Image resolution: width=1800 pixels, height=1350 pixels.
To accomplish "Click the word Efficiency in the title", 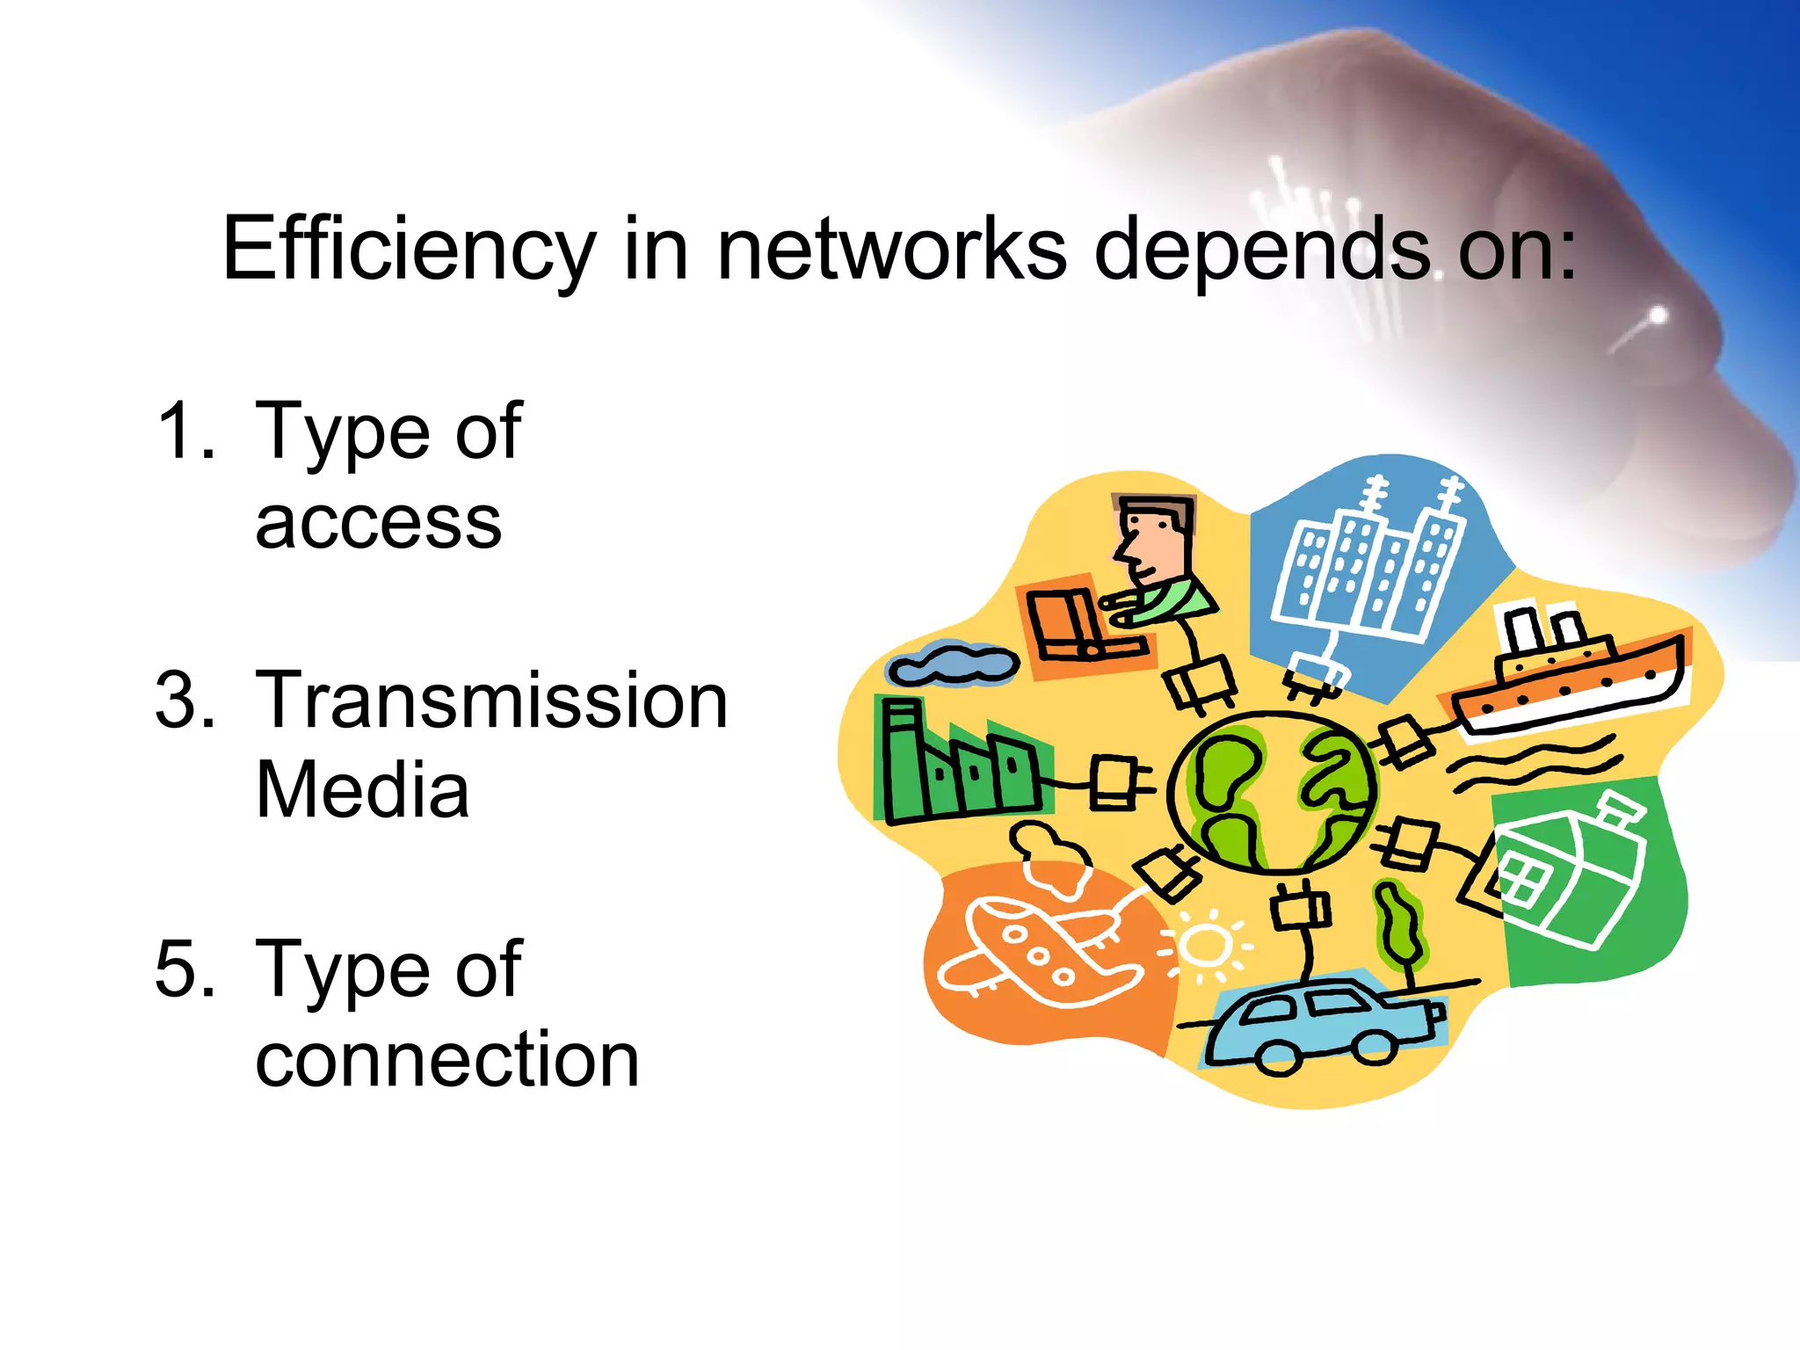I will click(x=410, y=250).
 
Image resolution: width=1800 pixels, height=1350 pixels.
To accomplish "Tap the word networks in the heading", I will click(x=892, y=250).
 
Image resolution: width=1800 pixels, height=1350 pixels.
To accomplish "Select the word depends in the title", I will click(x=1262, y=250).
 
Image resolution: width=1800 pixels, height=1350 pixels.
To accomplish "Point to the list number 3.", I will click(x=185, y=700).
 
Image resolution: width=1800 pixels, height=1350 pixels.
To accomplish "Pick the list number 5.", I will click(x=185, y=969).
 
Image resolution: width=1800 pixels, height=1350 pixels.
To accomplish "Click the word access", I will click(x=378, y=524).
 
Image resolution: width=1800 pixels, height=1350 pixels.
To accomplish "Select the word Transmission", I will click(x=491, y=700).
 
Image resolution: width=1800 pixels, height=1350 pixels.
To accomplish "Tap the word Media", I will click(x=362, y=790).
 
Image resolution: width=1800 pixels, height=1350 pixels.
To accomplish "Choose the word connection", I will click(x=446, y=1060).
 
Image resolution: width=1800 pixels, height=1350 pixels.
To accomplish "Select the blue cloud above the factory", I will click(x=954, y=664).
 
